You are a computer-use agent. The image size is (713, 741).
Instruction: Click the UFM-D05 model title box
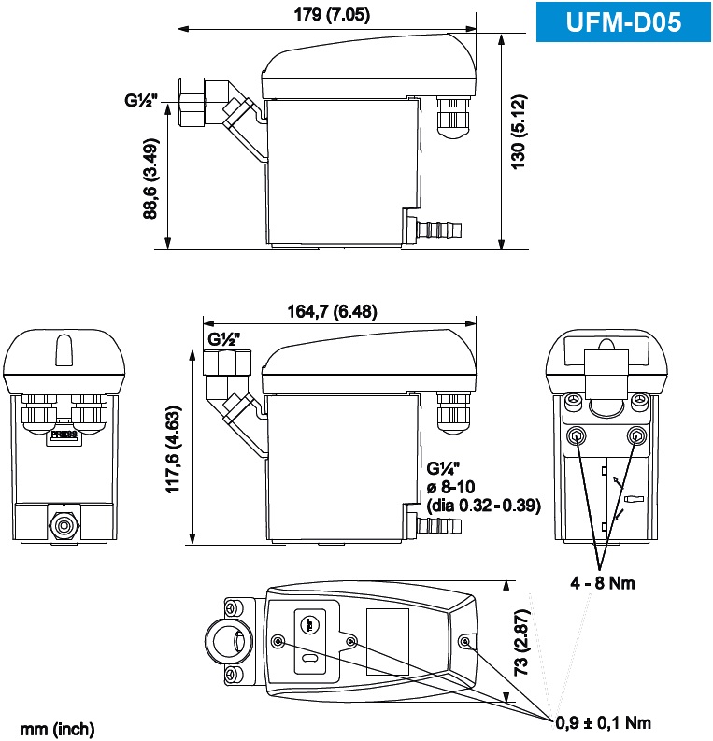623,21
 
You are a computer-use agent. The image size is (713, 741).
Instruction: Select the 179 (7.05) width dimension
332,15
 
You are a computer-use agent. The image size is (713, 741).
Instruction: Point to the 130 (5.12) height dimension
519,132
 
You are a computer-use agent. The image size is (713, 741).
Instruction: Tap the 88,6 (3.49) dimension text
150,178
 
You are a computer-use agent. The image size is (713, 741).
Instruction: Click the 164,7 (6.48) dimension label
332,311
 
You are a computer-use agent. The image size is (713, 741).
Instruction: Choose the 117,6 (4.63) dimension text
173,449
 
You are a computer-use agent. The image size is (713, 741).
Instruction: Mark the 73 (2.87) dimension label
521,642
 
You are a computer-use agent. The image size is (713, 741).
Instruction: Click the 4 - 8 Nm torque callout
603,583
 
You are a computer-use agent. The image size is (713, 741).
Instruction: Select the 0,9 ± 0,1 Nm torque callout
604,722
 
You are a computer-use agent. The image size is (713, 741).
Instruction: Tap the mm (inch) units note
57,729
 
